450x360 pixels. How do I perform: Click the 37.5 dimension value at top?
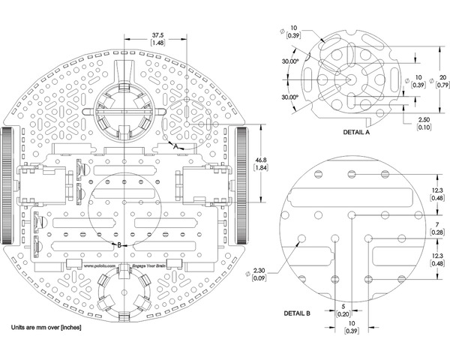pos(158,34)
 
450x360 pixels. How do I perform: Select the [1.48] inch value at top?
pos(158,43)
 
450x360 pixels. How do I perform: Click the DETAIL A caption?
pos(358,131)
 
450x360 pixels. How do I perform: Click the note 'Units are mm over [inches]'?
pos(46,328)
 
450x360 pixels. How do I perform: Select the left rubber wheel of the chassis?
pos(7,184)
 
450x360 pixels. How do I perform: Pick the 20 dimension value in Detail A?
pos(443,77)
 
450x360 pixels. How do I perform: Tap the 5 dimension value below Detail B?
pos(343,307)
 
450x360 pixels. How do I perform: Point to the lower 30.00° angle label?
pos(288,97)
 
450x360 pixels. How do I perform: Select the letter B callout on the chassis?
pos(118,244)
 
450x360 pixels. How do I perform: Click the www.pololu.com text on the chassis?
pos(99,265)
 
